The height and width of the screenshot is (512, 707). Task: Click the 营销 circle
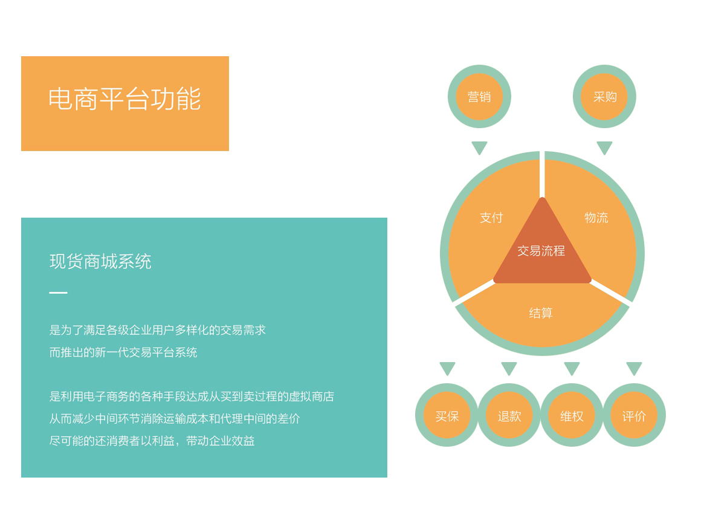(479, 97)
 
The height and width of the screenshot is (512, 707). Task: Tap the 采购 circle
(604, 97)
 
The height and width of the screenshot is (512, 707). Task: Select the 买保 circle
(447, 415)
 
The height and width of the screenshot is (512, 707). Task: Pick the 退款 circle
(509, 415)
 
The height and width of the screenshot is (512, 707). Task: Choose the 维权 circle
(572, 415)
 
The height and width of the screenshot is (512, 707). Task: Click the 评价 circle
(634, 415)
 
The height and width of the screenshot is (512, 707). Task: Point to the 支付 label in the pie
(491, 218)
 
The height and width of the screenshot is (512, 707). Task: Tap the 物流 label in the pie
(596, 218)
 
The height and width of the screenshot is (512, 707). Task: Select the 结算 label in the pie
(541, 313)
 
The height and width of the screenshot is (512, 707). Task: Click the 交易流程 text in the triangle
(541, 251)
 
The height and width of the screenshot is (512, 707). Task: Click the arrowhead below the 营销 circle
(479, 147)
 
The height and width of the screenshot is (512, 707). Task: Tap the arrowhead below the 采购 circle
(604, 147)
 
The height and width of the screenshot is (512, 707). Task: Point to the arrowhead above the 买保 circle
(447, 368)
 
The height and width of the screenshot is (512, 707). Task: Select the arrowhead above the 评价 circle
(634, 368)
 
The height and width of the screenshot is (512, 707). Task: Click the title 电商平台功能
(124, 99)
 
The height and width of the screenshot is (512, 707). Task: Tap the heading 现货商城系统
(100, 261)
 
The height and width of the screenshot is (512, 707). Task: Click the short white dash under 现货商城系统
(58, 293)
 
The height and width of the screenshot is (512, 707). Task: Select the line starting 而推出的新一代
(123, 352)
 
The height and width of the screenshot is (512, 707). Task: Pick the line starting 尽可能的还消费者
(152, 440)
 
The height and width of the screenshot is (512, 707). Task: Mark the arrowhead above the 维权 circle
(572, 368)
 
